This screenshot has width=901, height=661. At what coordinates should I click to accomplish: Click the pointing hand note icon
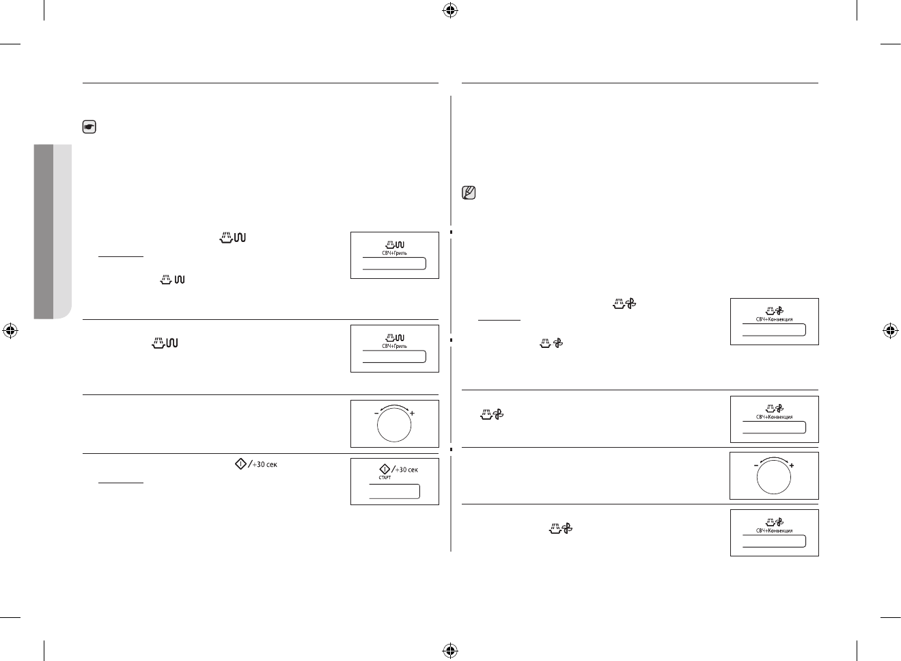point(89,127)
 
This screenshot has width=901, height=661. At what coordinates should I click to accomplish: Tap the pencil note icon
point(469,193)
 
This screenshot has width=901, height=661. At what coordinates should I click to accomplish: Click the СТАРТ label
point(385,478)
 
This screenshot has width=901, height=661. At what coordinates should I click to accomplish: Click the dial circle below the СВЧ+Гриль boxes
point(394,424)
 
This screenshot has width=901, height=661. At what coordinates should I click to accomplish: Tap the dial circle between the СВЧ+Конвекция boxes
point(774,476)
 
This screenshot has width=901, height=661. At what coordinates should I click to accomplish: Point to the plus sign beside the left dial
point(412,414)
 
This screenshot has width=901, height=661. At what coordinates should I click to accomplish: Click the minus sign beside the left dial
point(376,414)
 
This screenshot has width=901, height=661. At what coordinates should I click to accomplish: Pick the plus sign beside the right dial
point(792,466)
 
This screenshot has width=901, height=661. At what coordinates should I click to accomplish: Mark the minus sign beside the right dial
point(756,466)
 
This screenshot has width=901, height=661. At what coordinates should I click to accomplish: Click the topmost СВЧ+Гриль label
point(394,254)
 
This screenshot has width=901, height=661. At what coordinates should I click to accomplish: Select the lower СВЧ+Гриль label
point(394,347)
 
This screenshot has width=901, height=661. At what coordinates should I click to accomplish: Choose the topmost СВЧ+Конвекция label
point(774,320)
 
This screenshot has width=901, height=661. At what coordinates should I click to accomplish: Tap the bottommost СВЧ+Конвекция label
point(774,530)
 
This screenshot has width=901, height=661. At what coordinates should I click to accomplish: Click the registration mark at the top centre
point(449,10)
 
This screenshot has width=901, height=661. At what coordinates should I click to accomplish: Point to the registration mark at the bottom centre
point(449,649)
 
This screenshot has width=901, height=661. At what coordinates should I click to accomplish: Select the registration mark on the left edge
point(11,331)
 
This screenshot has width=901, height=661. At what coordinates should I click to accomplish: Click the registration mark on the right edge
point(889,331)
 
